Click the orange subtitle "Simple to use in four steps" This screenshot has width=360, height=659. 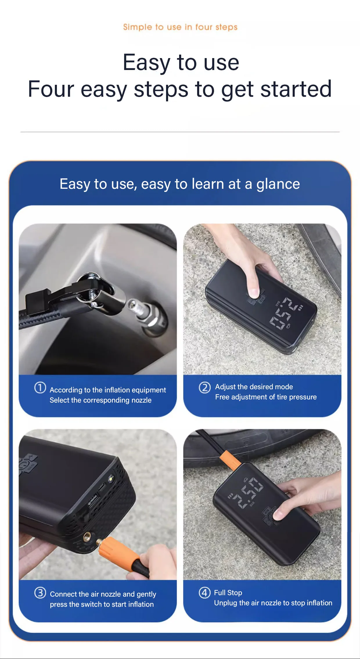[x=180, y=27]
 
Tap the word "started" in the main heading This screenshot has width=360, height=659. [x=296, y=89]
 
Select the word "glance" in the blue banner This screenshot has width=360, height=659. [x=278, y=184]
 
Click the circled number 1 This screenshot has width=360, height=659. [x=40, y=387]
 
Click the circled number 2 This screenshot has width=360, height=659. [x=205, y=387]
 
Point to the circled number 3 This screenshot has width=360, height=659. [x=40, y=592]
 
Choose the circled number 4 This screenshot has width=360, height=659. [x=205, y=592]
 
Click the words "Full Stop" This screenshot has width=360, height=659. [x=228, y=592]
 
